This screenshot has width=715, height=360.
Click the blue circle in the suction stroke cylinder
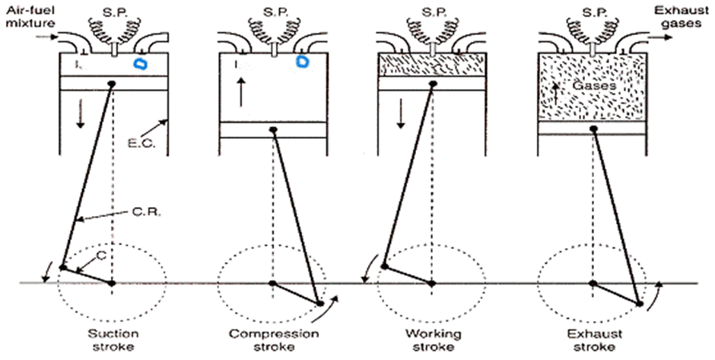(141, 65)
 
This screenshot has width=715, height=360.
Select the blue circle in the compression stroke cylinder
(303, 60)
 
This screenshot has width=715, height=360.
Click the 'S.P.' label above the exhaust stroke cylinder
(593, 14)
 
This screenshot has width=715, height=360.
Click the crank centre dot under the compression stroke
(272, 283)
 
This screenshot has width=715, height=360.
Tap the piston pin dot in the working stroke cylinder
(433, 84)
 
